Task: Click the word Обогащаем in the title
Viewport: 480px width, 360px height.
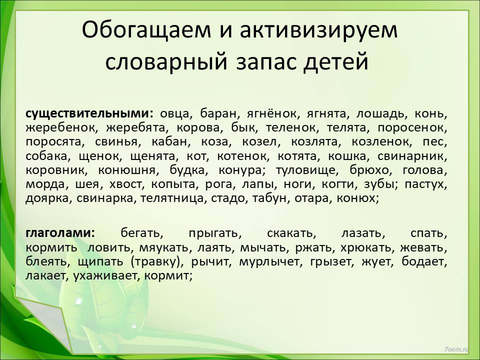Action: click(146, 30)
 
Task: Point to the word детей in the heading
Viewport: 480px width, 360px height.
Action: click(336, 62)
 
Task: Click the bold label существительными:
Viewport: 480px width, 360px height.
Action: click(89, 113)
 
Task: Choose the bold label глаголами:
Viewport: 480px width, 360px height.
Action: click(60, 233)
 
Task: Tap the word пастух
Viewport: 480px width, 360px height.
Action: click(426, 185)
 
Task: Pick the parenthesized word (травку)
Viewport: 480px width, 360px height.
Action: click(157, 262)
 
